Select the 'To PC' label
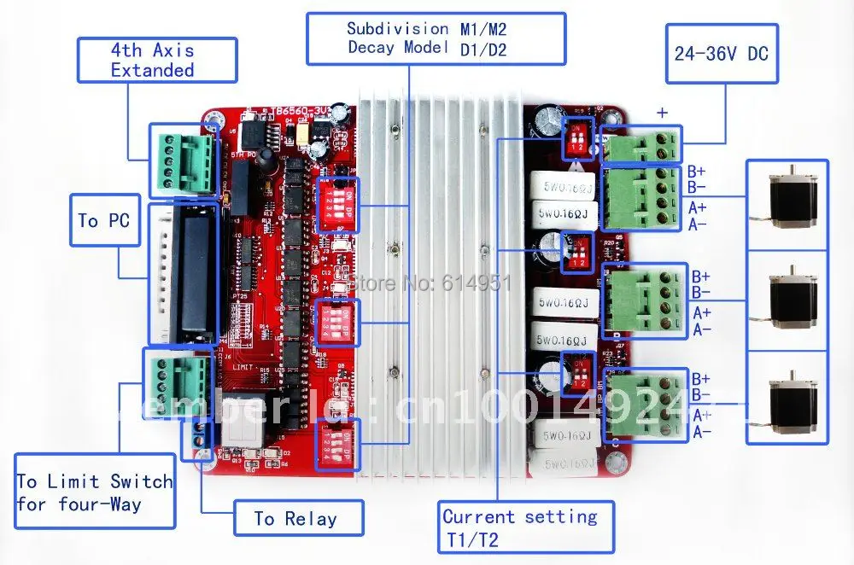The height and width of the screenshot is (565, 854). point(104,220)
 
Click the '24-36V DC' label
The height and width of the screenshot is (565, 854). point(722,55)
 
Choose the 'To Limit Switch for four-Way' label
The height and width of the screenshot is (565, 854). point(94,493)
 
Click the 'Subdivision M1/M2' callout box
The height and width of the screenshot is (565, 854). point(436,38)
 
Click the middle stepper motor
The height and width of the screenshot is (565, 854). point(787,300)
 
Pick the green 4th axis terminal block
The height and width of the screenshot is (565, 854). point(182,159)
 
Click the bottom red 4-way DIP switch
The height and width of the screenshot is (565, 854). point(337,444)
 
